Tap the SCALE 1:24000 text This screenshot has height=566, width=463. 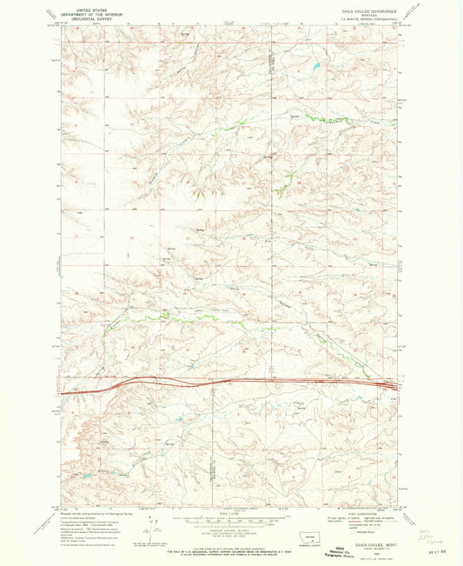229,513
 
